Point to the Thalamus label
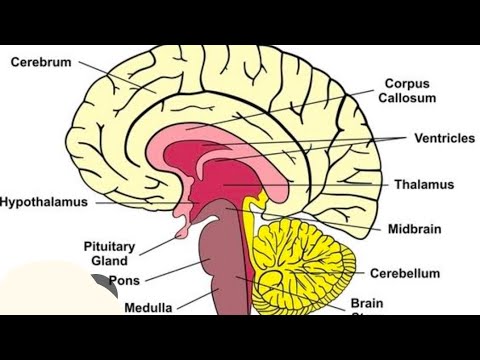coord(424,185)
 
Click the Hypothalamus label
coord(44,201)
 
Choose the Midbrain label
coord(414,229)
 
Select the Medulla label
coord(148,308)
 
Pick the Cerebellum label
coord(406,272)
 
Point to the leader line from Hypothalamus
coord(140,201)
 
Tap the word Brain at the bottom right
coord(367,303)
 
